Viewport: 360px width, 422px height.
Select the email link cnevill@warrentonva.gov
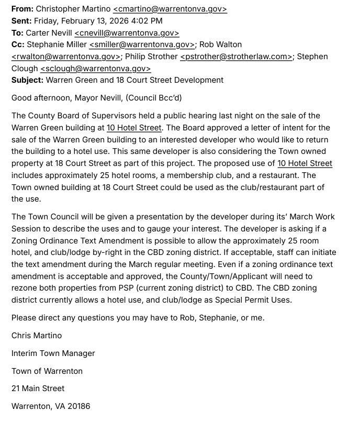[x=127, y=32]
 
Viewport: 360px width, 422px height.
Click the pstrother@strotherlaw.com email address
[x=236, y=57]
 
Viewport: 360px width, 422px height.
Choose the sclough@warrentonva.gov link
[x=95, y=69]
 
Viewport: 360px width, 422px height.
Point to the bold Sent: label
[x=21, y=21]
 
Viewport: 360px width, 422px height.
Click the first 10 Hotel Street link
[x=134, y=127]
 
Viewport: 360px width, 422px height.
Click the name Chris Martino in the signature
[x=37, y=335]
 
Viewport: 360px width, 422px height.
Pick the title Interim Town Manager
[x=53, y=353]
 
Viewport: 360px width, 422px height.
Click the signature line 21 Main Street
[x=38, y=388]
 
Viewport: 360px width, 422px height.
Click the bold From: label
[x=22, y=9]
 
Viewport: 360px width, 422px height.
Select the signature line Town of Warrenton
[x=47, y=371]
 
